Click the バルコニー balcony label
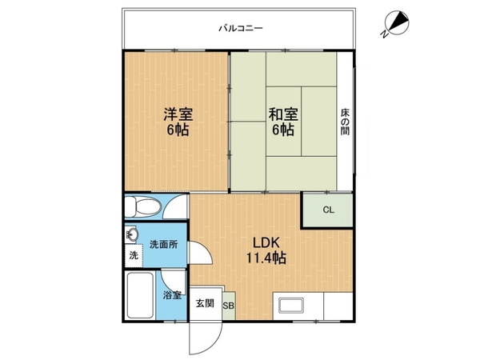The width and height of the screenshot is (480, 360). click(241, 29)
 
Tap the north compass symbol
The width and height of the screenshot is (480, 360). click(397, 23)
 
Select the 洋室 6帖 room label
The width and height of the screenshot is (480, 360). click(178, 122)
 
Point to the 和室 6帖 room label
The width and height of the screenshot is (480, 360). click(283, 122)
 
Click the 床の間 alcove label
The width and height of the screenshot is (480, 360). click(345, 122)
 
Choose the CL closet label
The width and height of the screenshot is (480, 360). click(328, 210)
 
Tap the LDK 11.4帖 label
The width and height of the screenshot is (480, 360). click(266, 250)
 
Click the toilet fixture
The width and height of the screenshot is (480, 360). click(143, 206)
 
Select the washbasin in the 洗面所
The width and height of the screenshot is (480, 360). click(132, 235)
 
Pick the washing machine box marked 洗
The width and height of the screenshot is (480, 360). click(134, 256)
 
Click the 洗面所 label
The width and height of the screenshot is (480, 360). click(164, 245)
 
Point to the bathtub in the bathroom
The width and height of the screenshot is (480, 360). click(141, 295)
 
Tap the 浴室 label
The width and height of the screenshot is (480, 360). click(172, 296)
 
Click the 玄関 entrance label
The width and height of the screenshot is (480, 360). click(205, 303)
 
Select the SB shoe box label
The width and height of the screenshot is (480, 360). click(228, 306)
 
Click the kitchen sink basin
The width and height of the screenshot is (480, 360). click(291, 306)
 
